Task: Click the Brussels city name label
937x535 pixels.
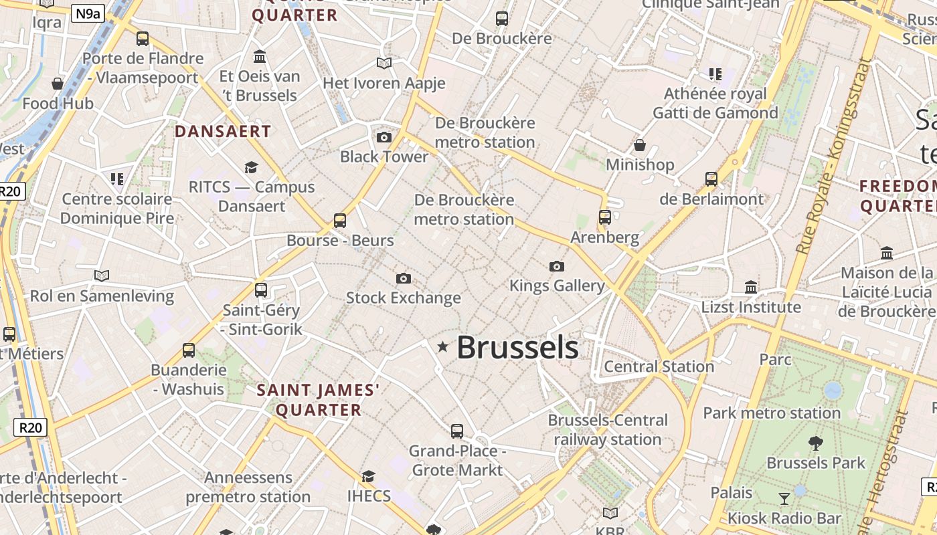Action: click(517, 348)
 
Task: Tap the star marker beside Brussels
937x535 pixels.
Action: click(442, 346)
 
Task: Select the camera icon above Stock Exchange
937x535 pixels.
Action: click(403, 278)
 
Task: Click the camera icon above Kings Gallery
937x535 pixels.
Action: click(556, 266)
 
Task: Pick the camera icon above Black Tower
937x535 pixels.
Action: click(384, 137)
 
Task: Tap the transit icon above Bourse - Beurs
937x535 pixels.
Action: click(340, 220)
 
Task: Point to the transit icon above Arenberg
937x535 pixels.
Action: click(605, 217)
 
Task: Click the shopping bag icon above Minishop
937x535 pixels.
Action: click(640, 144)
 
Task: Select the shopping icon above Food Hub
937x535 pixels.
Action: click(58, 84)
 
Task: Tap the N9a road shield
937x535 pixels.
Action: click(88, 13)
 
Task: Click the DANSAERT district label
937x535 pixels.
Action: click(223, 132)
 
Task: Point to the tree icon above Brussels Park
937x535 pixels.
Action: click(815, 442)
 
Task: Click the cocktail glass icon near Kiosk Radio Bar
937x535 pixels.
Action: click(784, 498)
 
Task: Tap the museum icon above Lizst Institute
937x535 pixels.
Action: click(751, 287)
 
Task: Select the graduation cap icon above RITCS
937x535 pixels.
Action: click(251, 167)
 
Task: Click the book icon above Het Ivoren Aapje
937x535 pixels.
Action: click(384, 64)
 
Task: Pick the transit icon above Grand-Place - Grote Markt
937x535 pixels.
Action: click(457, 431)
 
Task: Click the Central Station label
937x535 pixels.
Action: click(659, 366)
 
